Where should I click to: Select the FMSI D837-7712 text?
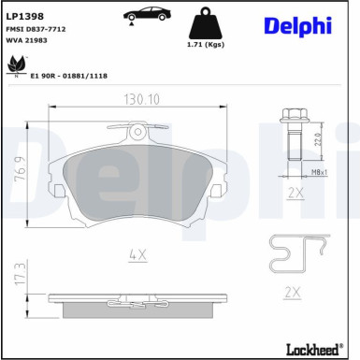tap(33, 29)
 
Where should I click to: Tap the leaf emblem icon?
tap(15, 65)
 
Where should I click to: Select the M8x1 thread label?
tap(319, 173)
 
